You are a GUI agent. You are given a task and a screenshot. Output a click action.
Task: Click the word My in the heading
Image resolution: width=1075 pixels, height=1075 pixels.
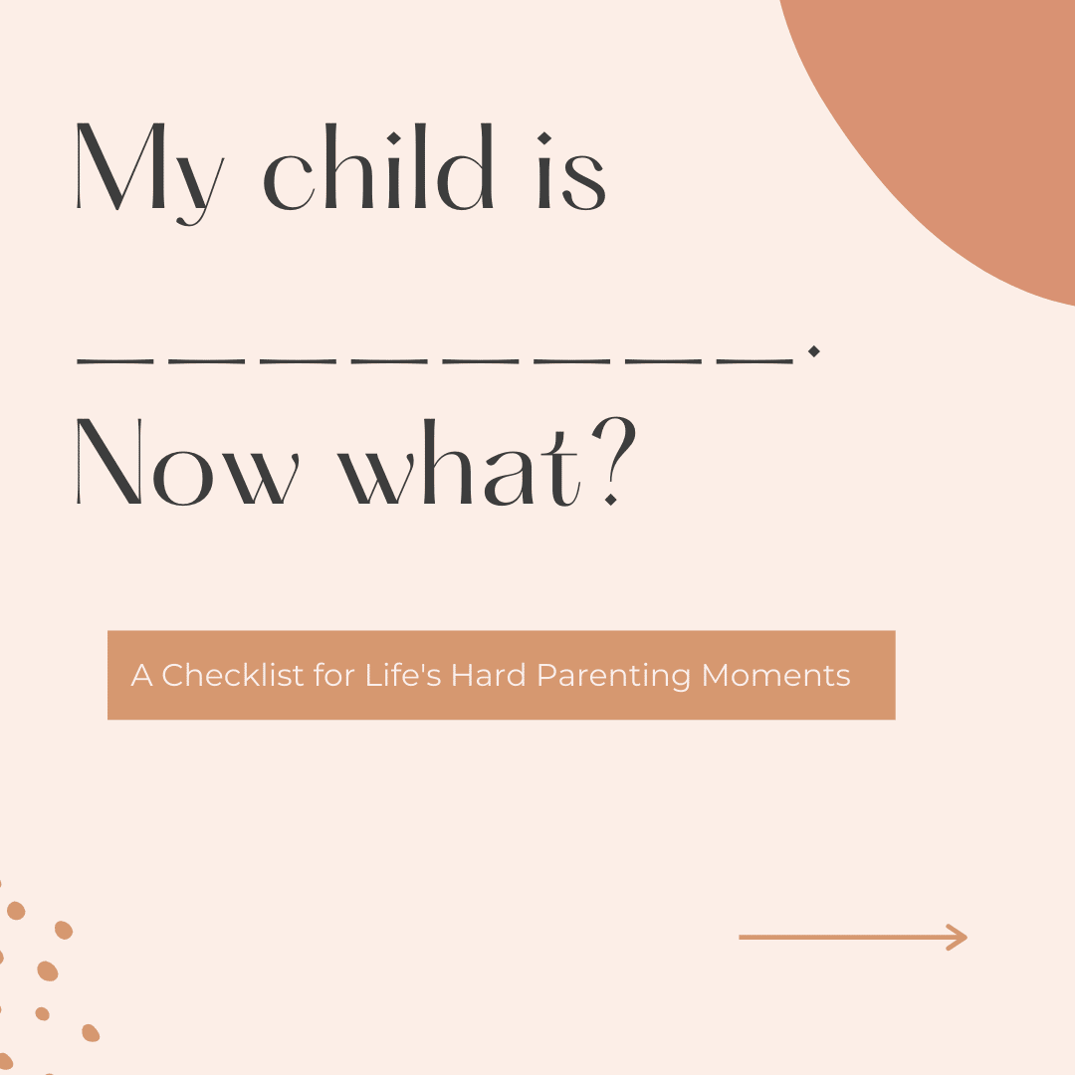(x=150, y=174)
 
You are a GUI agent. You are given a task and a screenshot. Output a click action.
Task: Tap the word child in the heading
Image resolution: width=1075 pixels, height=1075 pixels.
(x=378, y=166)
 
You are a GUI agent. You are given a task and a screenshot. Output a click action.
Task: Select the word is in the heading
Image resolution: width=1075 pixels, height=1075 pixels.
(x=571, y=171)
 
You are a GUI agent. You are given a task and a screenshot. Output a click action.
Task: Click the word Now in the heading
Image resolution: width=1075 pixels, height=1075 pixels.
(x=187, y=462)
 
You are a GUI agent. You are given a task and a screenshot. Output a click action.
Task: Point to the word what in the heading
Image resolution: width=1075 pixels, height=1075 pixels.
(x=460, y=462)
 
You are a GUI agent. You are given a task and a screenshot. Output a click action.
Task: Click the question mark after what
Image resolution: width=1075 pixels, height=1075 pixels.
(x=614, y=461)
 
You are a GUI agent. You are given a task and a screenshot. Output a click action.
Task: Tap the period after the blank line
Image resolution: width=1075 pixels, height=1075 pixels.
(x=814, y=351)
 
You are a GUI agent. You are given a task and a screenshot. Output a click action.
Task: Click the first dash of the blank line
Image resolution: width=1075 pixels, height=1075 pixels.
(x=114, y=361)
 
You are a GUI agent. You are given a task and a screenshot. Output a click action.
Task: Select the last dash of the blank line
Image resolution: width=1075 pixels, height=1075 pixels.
(x=754, y=361)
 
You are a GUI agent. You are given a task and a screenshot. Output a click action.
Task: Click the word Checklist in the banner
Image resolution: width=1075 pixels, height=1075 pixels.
(x=233, y=675)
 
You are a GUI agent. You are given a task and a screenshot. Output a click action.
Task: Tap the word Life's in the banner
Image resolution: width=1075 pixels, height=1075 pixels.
(x=403, y=675)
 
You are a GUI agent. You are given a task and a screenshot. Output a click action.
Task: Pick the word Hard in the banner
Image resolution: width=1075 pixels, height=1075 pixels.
(x=488, y=675)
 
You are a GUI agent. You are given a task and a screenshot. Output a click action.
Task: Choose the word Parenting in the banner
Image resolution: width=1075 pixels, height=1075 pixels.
(x=613, y=676)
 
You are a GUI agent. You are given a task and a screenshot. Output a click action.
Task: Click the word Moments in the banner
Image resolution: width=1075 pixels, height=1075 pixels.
(x=776, y=675)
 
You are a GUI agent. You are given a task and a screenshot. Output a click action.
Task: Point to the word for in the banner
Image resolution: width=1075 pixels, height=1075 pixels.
(x=333, y=675)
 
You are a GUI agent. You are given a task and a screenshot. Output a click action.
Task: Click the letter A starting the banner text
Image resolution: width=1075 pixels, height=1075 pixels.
(x=141, y=675)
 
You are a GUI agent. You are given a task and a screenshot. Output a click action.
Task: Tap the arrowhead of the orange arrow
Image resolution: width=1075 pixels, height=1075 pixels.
(x=958, y=938)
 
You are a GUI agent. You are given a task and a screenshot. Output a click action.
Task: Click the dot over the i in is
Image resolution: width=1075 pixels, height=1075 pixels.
(x=544, y=138)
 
